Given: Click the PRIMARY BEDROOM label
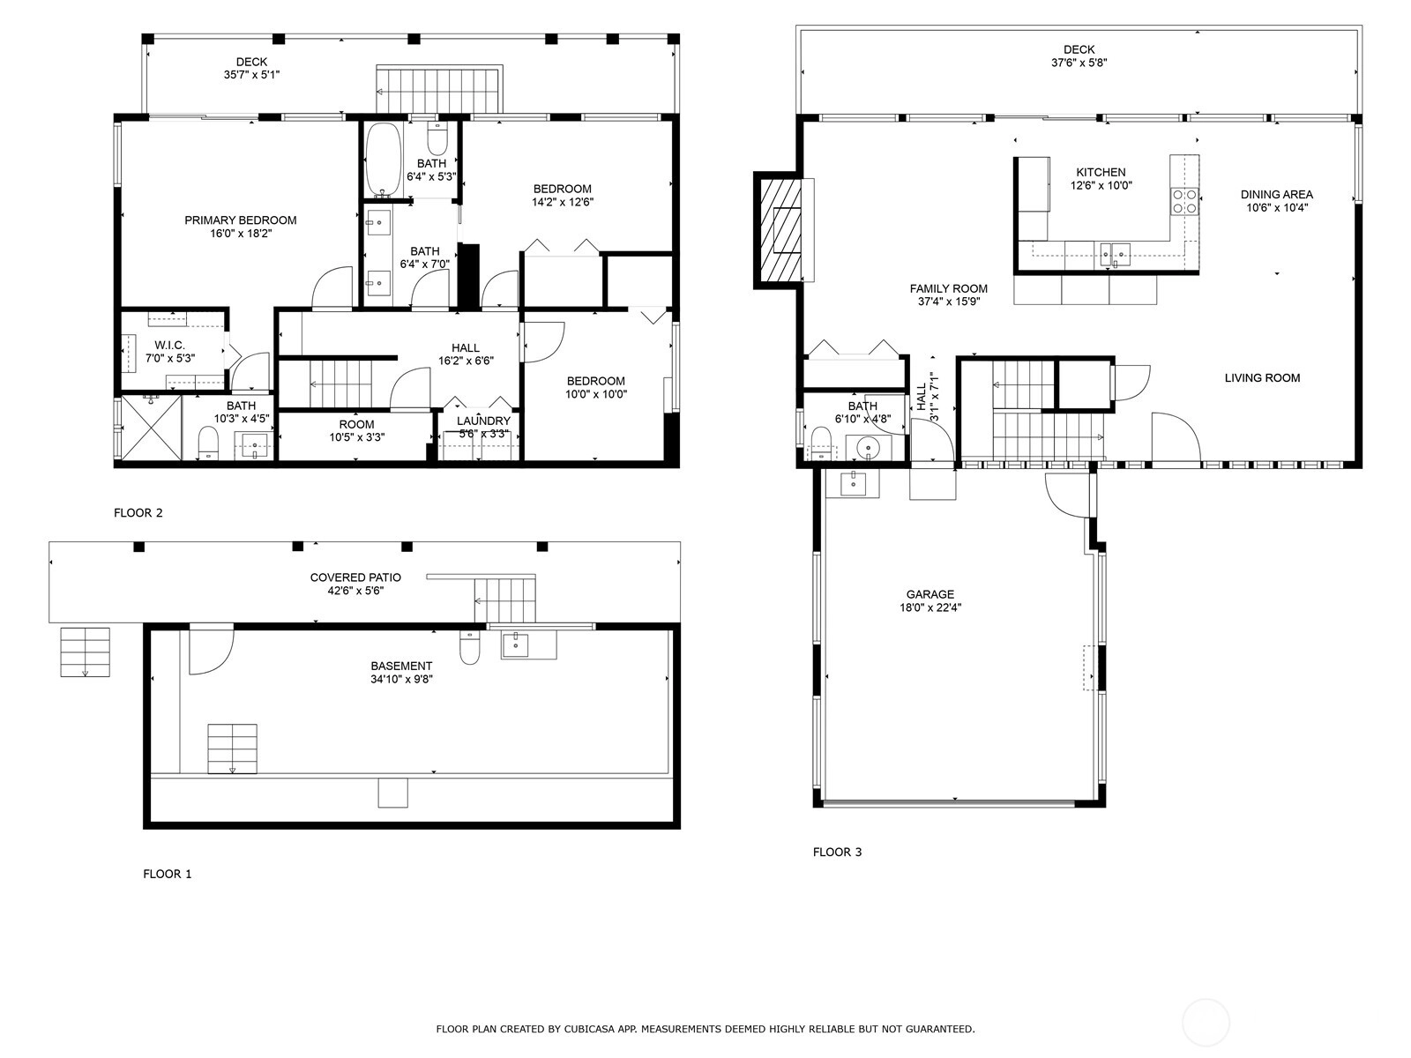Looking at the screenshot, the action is [241, 220].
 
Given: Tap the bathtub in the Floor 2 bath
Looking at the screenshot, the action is [384, 160].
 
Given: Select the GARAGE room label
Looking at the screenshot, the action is [930, 594].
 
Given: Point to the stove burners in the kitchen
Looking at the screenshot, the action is [1184, 200].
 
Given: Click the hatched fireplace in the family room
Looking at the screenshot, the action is [780, 230].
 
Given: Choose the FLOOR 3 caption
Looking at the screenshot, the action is [837, 852].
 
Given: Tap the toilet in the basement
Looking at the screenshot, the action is [469, 647].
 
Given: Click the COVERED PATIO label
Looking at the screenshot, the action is [355, 577].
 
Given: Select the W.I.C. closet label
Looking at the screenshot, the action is [169, 346].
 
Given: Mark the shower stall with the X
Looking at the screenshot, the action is [151, 428].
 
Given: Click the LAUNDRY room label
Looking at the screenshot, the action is [483, 421].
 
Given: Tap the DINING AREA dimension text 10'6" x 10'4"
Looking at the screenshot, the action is [1277, 207].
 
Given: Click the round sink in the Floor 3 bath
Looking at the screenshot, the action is [869, 446].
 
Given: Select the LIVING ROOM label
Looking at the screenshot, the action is [1262, 377].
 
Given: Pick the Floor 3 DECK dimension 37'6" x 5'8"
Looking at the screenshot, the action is [1079, 63].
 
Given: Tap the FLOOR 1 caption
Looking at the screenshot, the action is [168, 874].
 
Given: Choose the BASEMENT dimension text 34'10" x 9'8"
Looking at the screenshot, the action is [401, 679].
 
